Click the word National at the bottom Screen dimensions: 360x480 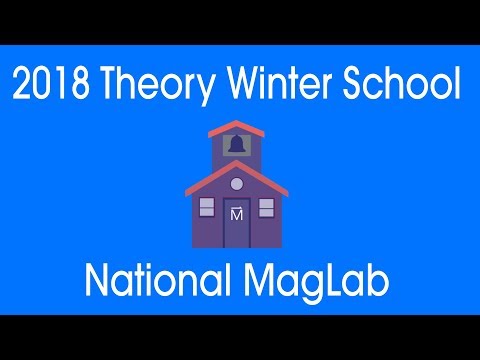149,283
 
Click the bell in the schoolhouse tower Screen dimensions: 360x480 237,144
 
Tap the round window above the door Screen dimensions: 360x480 237,183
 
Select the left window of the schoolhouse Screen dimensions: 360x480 207,208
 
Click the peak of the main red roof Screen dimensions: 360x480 238,164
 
